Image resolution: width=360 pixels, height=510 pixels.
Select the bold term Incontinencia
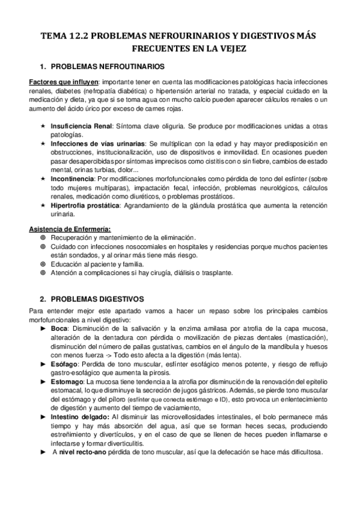tap(72, 179)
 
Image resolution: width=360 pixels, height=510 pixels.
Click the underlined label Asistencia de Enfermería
tap(69, 229)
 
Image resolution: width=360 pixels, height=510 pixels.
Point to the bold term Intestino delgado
tap(81, 417)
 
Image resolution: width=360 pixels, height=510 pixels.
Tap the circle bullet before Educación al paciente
tap(42, 264)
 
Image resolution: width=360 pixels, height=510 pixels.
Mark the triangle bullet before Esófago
tap(42, 364)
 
